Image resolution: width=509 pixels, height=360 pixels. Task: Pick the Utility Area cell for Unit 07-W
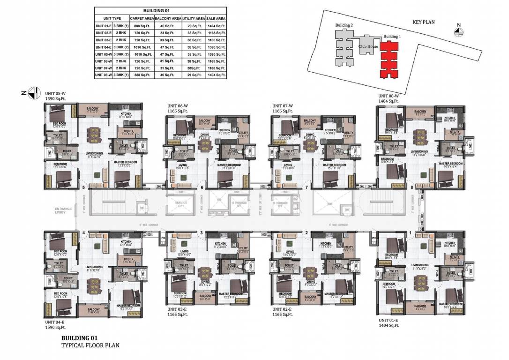coord(193,68)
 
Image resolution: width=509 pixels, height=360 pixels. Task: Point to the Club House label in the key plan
coord(368,47)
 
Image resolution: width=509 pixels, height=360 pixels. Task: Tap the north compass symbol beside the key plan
coord(459,31)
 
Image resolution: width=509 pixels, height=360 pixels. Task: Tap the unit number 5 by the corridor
coord(83,188)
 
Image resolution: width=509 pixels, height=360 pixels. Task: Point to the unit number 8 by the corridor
coord(412,188)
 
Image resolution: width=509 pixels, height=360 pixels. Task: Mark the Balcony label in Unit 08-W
coord(420,112)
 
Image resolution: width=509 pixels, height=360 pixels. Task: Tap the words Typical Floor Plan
coord(90,345)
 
